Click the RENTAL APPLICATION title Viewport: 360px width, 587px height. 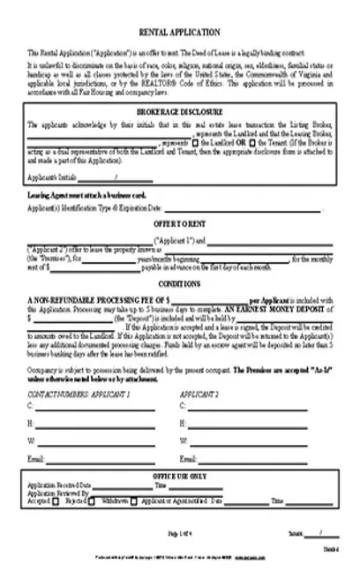(x=180, y=30)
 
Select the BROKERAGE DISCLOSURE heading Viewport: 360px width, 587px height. (x=181, y=114)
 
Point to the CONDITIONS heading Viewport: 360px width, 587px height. (x=181, y=284)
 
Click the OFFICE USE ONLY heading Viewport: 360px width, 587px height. (x=181, y=476)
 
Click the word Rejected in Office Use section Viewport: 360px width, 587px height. (x=63, y=499)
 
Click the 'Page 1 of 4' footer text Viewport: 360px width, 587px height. (x=181, y=535)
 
